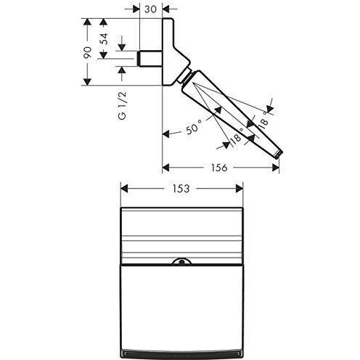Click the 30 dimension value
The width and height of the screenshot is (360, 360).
[x=150, y=9]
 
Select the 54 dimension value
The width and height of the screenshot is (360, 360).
[x=105, y=38]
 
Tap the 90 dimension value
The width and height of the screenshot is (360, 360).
[x=88, y=52]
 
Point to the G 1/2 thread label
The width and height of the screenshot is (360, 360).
[x=123, y=105]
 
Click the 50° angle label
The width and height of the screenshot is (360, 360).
[x=194, y=127]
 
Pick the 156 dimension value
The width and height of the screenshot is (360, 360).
[x=219, y=168]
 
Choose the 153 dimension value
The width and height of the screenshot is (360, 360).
[x=181, y=189]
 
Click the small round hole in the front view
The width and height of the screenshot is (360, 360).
[x=181, y=261]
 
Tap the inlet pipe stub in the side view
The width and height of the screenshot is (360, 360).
[x=150, y=58]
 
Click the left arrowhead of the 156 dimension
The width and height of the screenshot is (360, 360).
[x=165, y=168]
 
